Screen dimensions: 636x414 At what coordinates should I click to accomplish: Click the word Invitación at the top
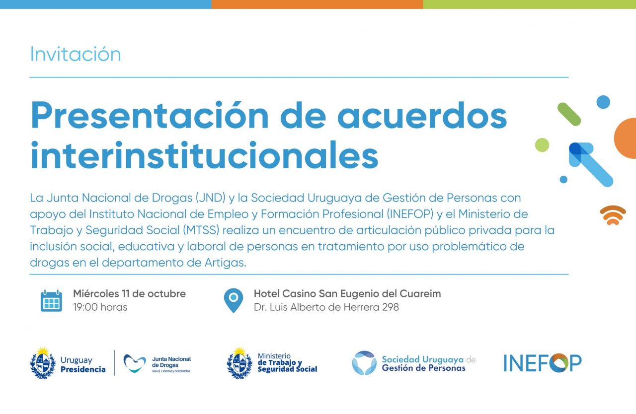(76, 54)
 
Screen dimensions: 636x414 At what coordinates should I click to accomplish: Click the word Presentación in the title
(150, 115)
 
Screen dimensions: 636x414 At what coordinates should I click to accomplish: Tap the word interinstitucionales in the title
(204, 155)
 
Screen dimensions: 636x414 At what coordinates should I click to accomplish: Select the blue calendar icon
(51, 301)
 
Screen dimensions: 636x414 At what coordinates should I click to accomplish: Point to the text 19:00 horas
(100, 307)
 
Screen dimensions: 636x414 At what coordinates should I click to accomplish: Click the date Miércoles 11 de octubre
(130, 293)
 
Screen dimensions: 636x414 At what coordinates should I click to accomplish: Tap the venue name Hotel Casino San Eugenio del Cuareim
(347, 293)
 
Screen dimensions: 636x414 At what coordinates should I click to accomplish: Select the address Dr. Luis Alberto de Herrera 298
(326, 307)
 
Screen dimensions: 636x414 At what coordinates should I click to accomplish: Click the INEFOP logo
(543, 363)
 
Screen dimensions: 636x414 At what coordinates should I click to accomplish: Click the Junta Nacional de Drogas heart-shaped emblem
(135, 363)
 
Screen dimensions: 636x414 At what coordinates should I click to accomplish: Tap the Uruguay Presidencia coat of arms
(43, 363)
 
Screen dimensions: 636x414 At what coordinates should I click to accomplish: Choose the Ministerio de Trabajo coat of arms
(239, 363)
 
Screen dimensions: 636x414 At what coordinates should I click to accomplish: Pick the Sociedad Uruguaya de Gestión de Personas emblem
(364, 363)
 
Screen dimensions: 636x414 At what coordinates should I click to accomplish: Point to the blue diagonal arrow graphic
(591, 164)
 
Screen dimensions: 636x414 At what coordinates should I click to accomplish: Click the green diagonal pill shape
(569, 114)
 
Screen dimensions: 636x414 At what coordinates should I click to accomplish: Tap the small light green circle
(542, 145)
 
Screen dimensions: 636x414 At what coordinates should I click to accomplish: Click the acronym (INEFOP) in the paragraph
(410, 214)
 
